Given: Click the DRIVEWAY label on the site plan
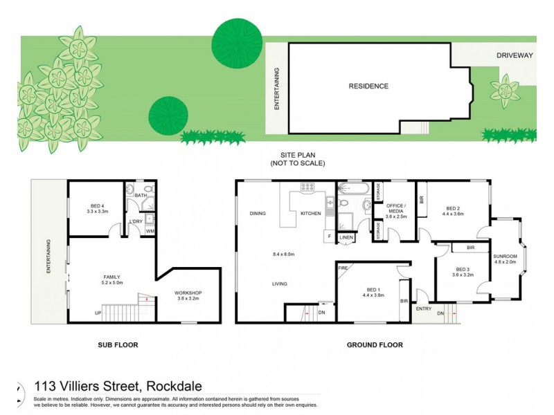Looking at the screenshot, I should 515,55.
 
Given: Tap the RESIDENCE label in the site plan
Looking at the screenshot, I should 368,86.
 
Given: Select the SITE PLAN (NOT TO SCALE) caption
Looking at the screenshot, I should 298,160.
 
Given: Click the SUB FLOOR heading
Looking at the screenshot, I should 118,344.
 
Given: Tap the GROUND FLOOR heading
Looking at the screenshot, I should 374,344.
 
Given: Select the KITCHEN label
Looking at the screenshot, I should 310,214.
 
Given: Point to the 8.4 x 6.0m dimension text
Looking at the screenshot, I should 284,255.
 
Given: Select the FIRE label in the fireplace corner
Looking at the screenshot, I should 343,267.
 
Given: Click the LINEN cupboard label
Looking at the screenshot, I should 346,238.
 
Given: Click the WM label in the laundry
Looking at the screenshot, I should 150,231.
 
